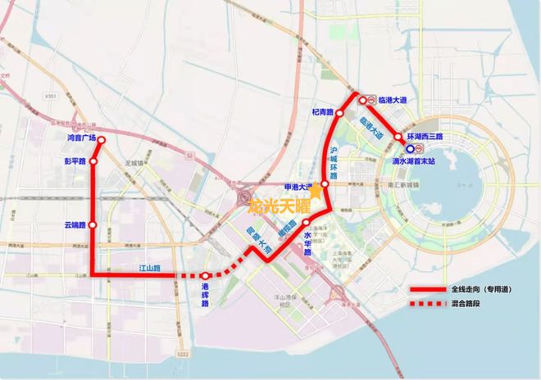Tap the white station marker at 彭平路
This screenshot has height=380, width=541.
click(93, 161)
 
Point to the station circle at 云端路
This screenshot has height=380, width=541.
click(93, 224)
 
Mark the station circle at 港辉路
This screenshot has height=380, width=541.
click(205, 276)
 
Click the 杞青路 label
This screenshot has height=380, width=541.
click(322, 111)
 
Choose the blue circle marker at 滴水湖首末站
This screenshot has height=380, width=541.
click(409, 149)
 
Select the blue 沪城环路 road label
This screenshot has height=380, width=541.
click(334, 163)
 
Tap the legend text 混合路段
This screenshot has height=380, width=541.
click(464, 304)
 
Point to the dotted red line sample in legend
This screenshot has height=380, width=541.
click(426, 305)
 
